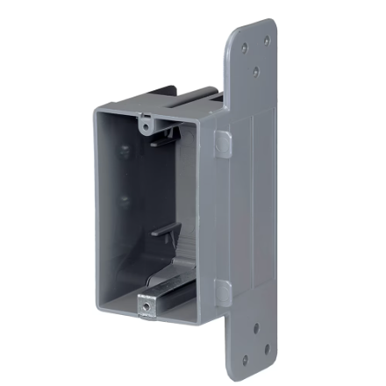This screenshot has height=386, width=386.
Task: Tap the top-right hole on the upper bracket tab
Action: [x=267, y=39]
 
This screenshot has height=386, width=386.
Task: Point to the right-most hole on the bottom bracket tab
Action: [x=267, y=348]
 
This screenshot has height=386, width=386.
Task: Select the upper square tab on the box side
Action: [x=223, y=144]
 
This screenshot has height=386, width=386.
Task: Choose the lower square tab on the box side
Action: [x=223, y=294]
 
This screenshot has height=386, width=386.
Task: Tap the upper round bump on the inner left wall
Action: [x=125, y=151]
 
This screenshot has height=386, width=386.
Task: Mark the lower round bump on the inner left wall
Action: [x=125, y=200]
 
